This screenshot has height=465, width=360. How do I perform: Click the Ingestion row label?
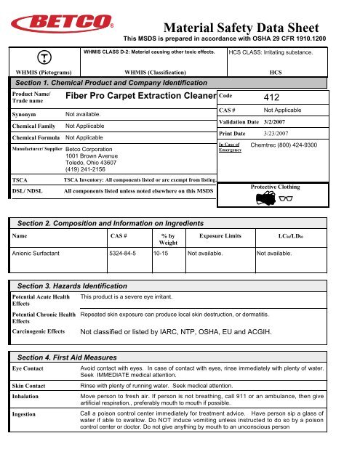tap(26, 412)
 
